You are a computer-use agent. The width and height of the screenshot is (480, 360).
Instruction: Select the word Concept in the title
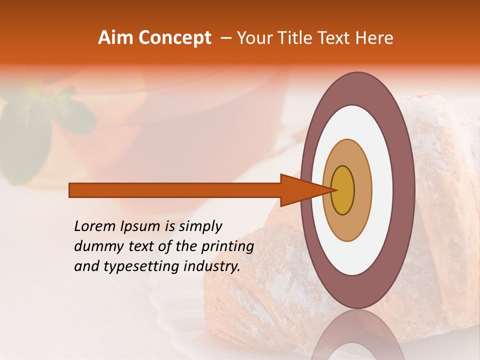click(174, 38)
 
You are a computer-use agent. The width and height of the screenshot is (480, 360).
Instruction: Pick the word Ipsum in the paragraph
click(139, 226)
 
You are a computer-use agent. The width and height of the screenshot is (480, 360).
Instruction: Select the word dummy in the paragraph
click(95, 246)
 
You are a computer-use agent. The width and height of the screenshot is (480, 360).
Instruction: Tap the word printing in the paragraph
click(227, 246)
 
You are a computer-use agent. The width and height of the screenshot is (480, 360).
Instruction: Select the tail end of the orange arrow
click(70, 190)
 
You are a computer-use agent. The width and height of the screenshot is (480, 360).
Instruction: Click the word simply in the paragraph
click(200, 226)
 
